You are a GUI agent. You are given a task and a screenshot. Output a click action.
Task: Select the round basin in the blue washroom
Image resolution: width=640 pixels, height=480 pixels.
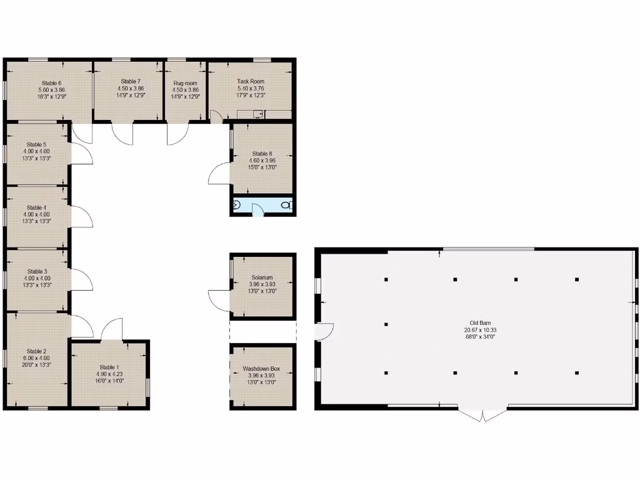(237, 204)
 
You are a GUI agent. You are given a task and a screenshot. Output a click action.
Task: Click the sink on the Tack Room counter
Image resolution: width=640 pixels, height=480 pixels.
(256, 114)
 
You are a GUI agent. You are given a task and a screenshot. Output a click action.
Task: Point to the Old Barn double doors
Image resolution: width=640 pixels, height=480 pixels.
(482, 415)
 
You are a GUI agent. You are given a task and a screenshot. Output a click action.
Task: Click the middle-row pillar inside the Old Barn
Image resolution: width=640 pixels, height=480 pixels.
(386, 324)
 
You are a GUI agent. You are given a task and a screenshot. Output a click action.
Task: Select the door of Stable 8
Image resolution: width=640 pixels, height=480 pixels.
(219, 172)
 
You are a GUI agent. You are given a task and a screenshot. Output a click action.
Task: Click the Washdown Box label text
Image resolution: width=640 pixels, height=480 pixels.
(262, 369)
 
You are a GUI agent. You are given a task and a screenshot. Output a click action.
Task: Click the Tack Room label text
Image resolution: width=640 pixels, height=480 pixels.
(251, 81)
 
